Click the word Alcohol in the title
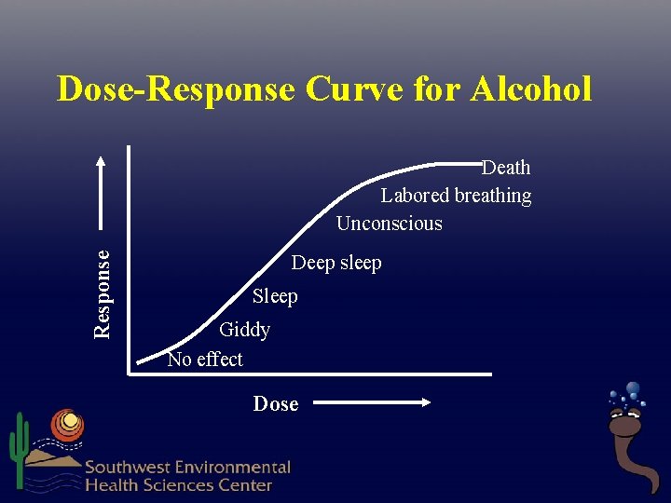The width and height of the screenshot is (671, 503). (x=531, y=89)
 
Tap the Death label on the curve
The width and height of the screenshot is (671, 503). (x=506, y=168)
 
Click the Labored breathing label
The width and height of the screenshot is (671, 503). (x=456, y=196)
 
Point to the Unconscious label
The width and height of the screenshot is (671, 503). (x=389, y=224)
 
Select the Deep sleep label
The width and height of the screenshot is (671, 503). (x=336, y=264)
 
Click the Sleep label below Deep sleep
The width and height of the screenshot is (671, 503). (x=275, y=297)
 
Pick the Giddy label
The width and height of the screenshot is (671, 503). (x=244, y=330)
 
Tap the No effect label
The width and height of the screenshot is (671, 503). (x=205, y=360)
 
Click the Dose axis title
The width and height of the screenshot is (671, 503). (x=276, y=404)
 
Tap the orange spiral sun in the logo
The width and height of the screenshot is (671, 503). (x=66, y=425)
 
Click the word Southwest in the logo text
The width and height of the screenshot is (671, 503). (x=129, y=468)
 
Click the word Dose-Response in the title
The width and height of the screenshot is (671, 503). (x=175, y=89)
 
